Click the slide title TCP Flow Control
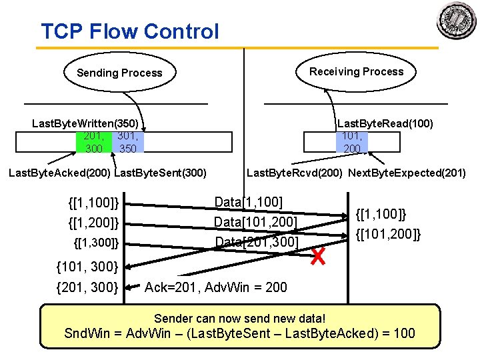pyautogui.click(x=129, y=31)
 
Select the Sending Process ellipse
pyautogui.click(x=119, y=73)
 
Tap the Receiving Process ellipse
pyautogui.click(x=356, y=71)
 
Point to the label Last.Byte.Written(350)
pyautogui.click(x=85, y=123)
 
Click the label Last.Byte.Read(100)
pyautogui.click(x=385, y=123)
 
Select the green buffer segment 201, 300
pyautogui.click(x=93, y=142)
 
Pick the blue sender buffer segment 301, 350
pyautogui.click(x=127, y=142)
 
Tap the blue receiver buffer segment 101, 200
pyautogui.click(x=351, y=142)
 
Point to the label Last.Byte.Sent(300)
pyautogui.click(x=161, y=173)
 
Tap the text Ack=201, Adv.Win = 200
pyautogui.click(x=216, y=287)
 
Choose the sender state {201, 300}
pyautogui.click(x=88, y=287)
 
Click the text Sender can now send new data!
pyautogui.click(x=239, y=318)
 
